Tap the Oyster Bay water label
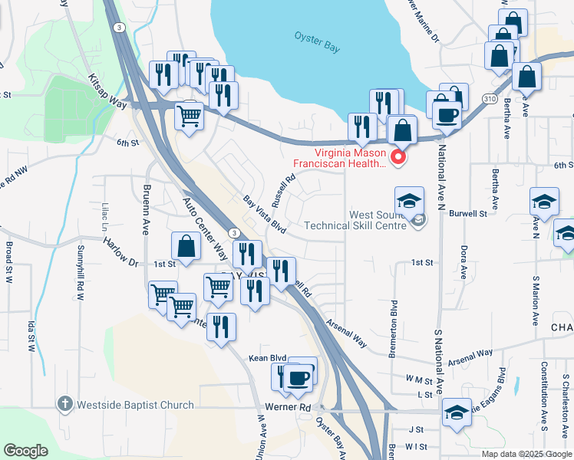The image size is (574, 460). pos(317,41)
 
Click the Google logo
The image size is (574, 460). pos(26,450)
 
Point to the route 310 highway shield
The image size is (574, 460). pos(490,99)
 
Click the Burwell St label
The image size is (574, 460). pos(468,214)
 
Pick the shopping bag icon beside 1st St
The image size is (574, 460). pos(186,246)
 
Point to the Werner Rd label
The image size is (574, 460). pos(289,407)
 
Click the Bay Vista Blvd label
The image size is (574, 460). pos(265,215)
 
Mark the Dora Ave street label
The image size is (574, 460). pos(463,261)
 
